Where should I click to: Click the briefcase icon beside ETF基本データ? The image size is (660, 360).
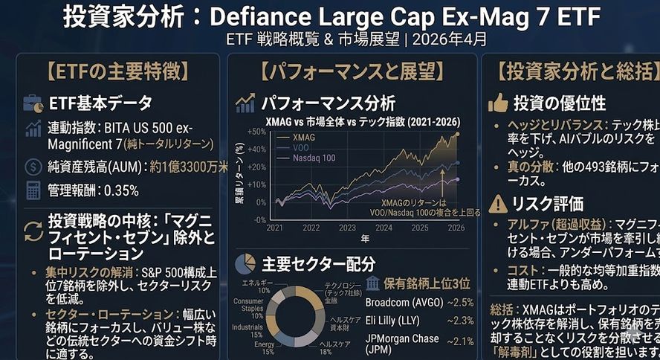[33, 103]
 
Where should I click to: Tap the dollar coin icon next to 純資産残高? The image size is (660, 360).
[33, 167]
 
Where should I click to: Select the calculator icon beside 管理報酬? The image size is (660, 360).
[33, 190]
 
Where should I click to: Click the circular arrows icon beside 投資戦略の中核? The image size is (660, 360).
[33, 230]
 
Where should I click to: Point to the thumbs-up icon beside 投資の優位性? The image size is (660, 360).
[498, 103]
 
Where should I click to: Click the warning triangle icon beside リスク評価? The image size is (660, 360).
[498, 202]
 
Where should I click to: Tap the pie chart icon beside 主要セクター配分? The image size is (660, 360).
[245, 264]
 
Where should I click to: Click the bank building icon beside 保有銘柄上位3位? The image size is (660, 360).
[373, 283]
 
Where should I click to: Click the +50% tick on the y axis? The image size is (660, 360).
[257, 132]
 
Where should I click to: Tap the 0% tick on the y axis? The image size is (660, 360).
[261, 202]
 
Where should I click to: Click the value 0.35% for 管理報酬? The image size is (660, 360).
[121, 190]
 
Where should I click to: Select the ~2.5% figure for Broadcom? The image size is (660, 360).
[460, 302]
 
